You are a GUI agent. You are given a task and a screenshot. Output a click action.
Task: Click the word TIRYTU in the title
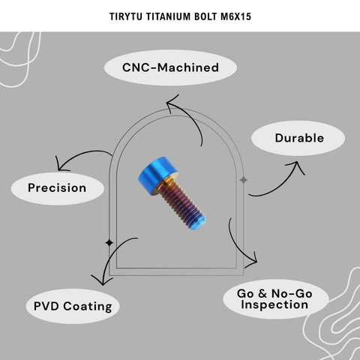[126, 16]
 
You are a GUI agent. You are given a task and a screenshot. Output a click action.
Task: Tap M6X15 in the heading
[235, 16]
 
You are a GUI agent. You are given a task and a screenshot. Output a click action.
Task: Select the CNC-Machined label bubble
[170, 67]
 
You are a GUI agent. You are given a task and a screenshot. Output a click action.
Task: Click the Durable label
[298, 138]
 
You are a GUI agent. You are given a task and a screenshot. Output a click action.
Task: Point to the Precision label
[58, 188]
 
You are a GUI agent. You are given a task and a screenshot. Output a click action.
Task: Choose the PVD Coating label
[73, 306]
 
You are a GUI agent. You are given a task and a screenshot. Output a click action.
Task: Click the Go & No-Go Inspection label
[276, 299]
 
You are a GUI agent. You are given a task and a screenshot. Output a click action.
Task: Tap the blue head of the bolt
[157, 174]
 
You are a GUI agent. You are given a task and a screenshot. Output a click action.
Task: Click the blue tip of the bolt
[199, 223]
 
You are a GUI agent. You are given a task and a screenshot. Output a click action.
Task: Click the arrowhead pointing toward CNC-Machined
[172, 103]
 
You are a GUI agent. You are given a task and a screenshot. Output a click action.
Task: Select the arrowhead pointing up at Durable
[295, 167]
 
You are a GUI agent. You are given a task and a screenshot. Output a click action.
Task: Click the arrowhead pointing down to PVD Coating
[102, 280]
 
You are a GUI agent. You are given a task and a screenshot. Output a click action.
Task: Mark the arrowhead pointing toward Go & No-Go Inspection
[252, 259]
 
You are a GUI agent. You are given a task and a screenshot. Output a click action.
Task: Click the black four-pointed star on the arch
[109, 242]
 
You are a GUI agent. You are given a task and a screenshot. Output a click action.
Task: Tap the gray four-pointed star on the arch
[244, 180]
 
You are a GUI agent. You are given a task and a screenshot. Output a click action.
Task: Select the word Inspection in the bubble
[274, 304]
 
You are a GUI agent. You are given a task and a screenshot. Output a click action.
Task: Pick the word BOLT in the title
[205, 16]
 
